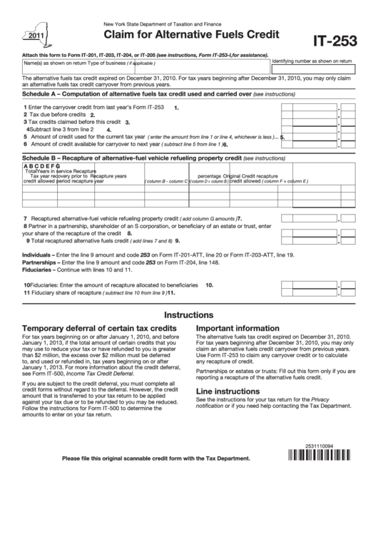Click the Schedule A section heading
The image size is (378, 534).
[136, 93]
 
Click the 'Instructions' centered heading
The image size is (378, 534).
[189, 314]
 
